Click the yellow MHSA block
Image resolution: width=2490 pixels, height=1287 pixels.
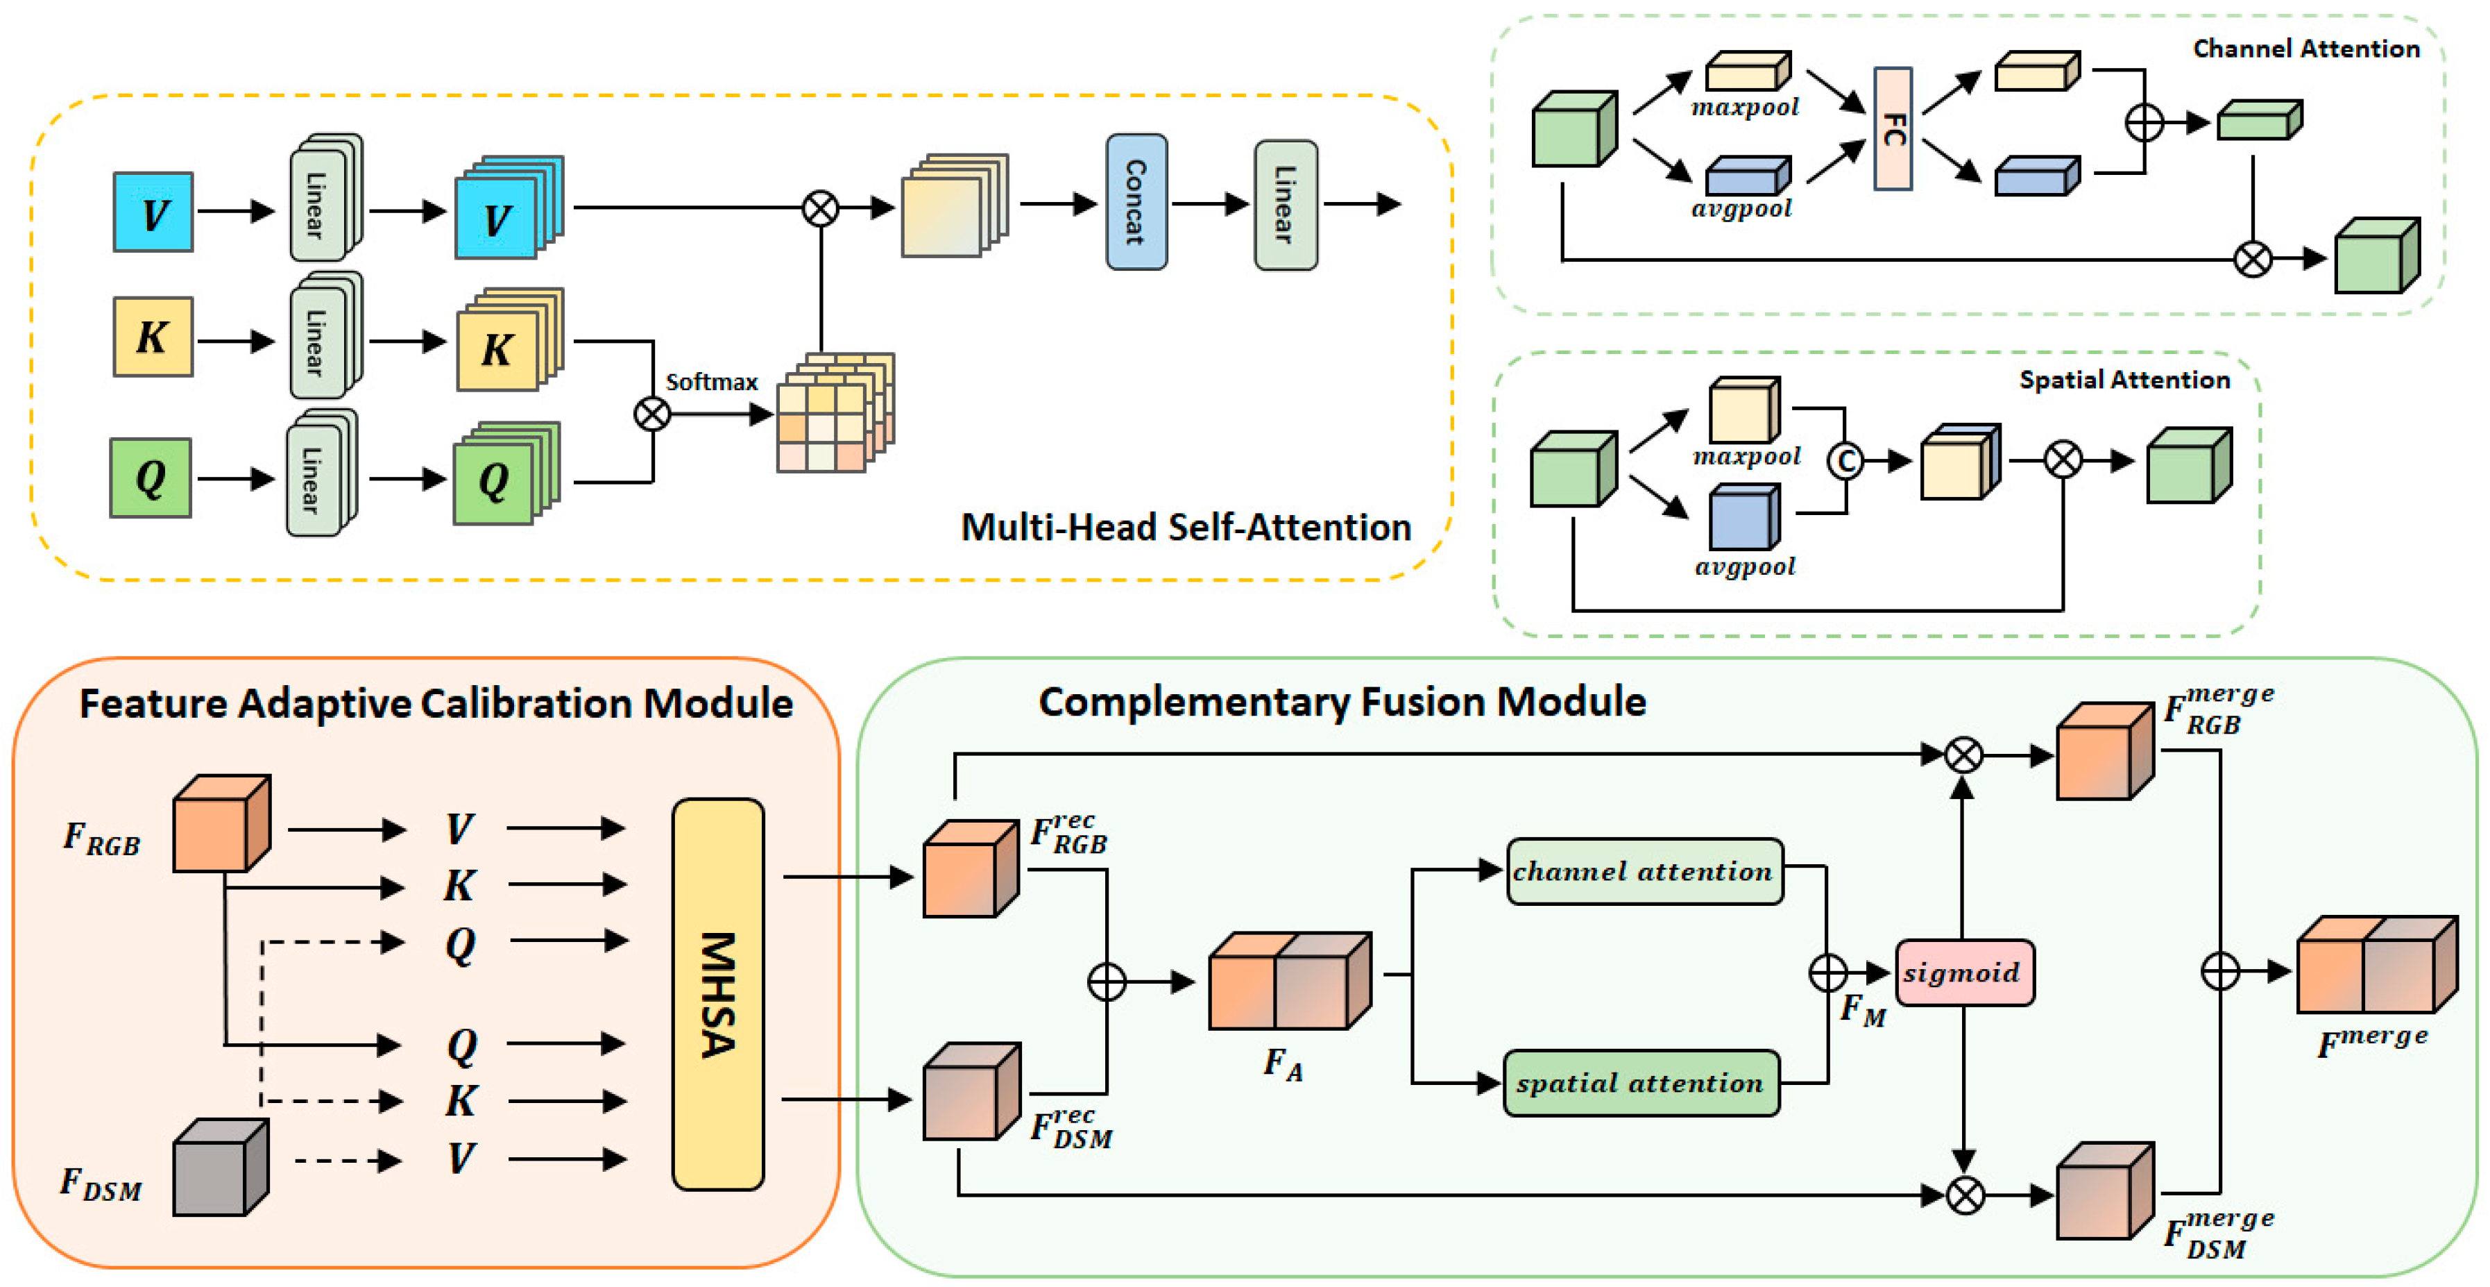tap(717, 993)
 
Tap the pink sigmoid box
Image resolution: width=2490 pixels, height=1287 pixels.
tap(1963, 972)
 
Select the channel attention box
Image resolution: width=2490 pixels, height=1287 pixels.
tap(1644, 871)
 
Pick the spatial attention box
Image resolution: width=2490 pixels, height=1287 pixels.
tap(1640, 1083)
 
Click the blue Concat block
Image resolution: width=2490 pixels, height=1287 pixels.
tap(1136, 202)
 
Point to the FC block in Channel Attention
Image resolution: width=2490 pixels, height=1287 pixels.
tap(1893, 128)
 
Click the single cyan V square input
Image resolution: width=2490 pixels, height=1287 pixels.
tap(153, 212)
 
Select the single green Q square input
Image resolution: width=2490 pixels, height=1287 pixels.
tap(151, 478)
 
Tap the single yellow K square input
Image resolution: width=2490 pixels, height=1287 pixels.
tap(153, 337)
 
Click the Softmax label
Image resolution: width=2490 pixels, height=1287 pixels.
tap(711, 382)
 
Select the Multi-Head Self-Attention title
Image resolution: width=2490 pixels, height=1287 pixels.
tap(1185, 527)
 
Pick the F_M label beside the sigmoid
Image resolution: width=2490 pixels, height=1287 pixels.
tap(1861, 1011)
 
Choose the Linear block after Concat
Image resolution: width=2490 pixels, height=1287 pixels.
tap(1285, 204)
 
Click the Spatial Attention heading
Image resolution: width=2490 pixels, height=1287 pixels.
tap(2124, 380)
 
